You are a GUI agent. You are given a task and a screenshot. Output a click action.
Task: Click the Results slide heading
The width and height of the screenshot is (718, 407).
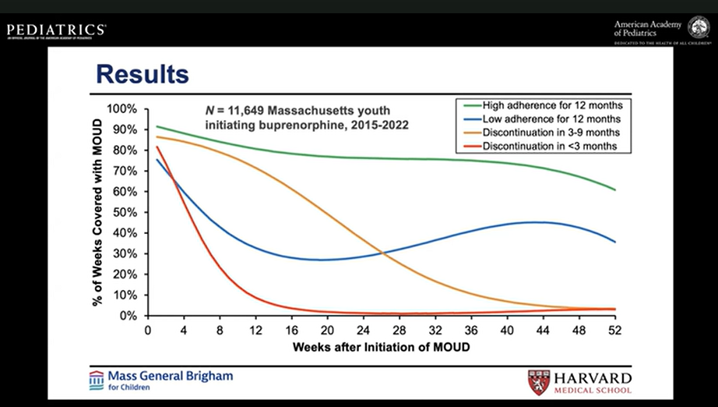[142, 76]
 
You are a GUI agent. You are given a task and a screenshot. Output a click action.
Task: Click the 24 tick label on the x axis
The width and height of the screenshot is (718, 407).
[364, 330]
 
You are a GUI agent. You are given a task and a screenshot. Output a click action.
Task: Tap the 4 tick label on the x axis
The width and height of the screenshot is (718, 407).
[184, 330]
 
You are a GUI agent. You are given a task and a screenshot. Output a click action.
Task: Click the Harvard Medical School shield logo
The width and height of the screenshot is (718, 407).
[538, 382]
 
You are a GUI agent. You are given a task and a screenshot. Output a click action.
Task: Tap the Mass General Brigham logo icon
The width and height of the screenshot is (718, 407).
[96, 380]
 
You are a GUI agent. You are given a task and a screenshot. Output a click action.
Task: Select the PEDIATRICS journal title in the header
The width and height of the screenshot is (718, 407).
[56, 30]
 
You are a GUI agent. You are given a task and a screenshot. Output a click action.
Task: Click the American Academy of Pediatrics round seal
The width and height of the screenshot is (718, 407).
[698, 27]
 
